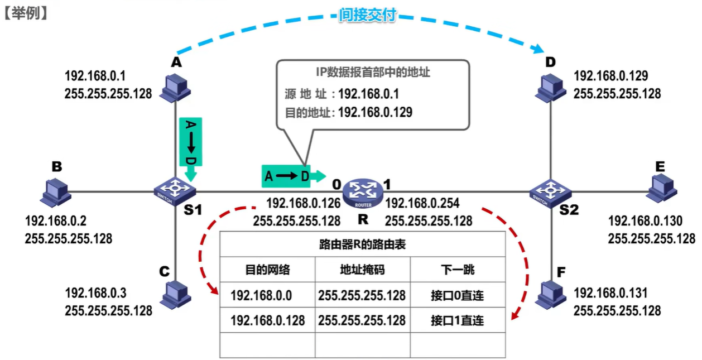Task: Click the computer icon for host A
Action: click(x=175, y=87)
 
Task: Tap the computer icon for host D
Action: click(x=551, y=87)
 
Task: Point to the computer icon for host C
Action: click(x=174, y=294)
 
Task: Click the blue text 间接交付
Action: click(x=367, y=15)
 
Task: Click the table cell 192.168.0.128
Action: click(x=268, y=320)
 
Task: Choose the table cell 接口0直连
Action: click(x=458, y=295)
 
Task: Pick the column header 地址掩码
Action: click(x=363, y=270)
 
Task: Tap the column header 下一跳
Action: click(x=458, y=270)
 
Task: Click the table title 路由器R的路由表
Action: click(x=362, y=244)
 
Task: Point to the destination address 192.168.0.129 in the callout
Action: click(x=375, y=112)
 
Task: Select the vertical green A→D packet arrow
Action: click(x=190, y=146)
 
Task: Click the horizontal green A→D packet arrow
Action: click(x=291, y=176)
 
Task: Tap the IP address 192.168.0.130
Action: click(x=645, y=222)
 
